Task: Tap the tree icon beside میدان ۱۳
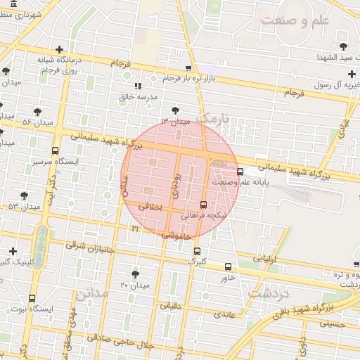click(175, 110)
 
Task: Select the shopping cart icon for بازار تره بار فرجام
click(188, 69)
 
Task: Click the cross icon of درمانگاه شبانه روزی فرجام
click(59, 49)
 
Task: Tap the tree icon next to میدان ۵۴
click(37, 112)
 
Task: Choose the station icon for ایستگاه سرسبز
click(56, 150)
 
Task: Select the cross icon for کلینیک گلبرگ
click(13, 251)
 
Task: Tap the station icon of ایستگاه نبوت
click(33, 298)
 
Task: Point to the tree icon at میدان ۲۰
click(135, 274)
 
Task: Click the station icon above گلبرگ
click(196, 250)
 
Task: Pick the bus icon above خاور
click(228, 266)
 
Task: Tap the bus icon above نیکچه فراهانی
click(204, 205)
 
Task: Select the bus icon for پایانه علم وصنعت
click(240, 171)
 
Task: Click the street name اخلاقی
click(150, 207)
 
